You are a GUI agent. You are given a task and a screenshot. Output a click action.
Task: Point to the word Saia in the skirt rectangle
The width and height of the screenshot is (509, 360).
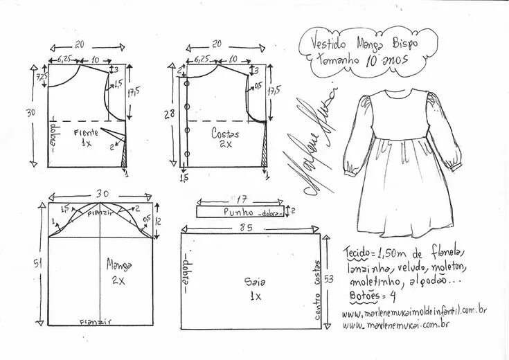251,282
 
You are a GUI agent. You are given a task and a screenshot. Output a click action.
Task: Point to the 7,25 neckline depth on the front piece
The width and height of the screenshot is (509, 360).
40,77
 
